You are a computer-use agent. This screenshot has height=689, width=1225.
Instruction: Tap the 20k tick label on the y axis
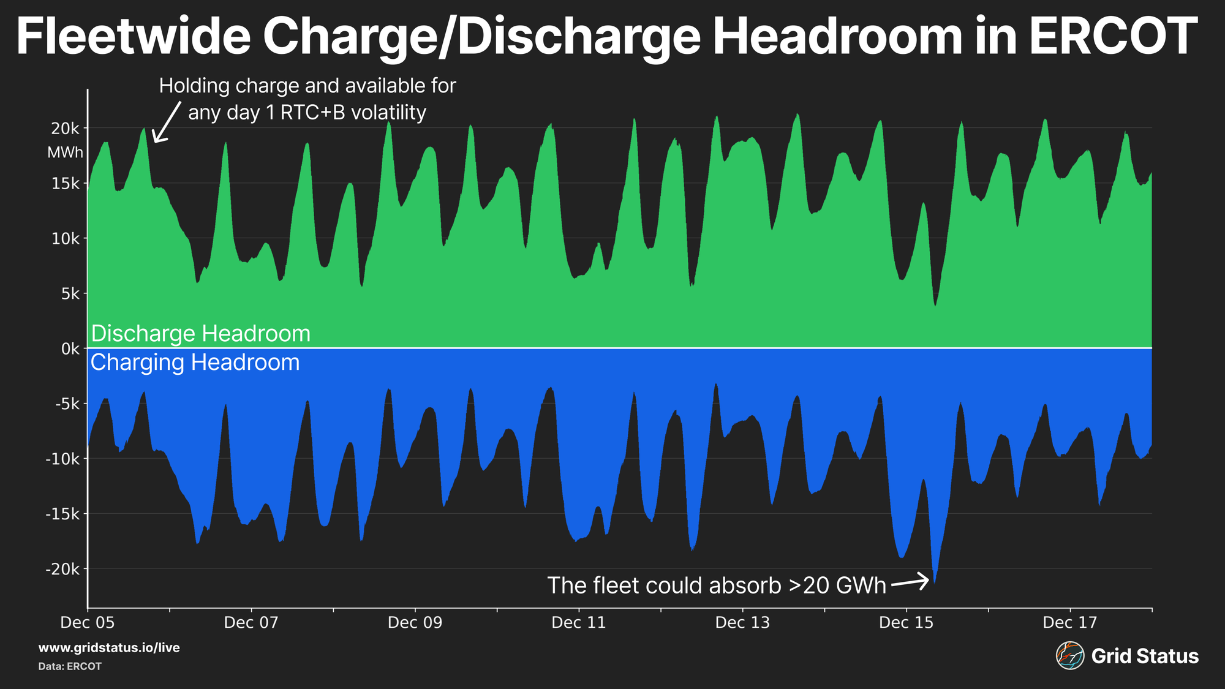(x=66, y=129)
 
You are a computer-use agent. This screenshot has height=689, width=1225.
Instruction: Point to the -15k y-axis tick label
(x=62, y=514)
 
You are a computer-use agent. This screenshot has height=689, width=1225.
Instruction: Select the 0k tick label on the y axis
(x=70, y=349)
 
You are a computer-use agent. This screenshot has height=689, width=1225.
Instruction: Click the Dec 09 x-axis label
(x=415, y=623)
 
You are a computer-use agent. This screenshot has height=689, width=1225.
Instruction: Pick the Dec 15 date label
(x=906, y=623)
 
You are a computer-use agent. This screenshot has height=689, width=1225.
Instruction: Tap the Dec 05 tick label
(x=88, y=623)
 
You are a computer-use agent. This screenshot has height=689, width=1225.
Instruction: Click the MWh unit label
(x=65, y=152)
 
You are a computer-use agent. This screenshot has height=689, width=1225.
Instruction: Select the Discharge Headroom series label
(x=201, y=334)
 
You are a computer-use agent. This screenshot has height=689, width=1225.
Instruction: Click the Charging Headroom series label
(x=195, y=363)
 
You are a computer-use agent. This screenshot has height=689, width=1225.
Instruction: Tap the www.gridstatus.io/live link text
(x=109, y=648)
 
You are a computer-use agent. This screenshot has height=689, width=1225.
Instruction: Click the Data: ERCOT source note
(x=70, y=666)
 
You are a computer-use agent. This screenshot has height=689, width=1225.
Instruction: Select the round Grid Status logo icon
(x=1070, y=656)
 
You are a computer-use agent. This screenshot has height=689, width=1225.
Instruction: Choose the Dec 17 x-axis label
(x=1070, y=623)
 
